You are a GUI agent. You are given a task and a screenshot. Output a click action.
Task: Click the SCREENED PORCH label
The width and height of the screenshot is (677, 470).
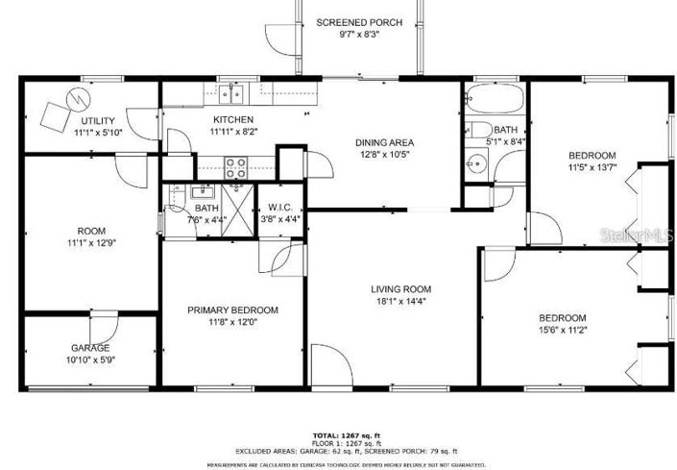pos(359,22)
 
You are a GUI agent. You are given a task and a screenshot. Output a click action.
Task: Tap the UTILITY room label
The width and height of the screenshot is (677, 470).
pos(98,120)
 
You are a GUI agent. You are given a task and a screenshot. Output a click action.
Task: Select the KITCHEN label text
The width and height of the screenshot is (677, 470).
pos(233,119)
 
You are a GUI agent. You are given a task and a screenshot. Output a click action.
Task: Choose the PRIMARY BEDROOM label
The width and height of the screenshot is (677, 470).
pos(232,309)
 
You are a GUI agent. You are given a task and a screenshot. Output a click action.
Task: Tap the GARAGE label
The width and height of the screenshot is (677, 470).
pos(90,348)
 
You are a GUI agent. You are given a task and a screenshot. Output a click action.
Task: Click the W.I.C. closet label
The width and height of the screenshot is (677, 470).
pos(280,208)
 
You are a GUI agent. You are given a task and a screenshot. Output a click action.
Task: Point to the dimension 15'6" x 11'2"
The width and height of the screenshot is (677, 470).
pos(562,330)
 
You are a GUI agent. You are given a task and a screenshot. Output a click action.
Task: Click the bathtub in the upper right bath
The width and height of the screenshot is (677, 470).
pos(495,100)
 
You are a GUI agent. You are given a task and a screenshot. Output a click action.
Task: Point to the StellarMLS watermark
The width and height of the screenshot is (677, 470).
pos(630,234)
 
